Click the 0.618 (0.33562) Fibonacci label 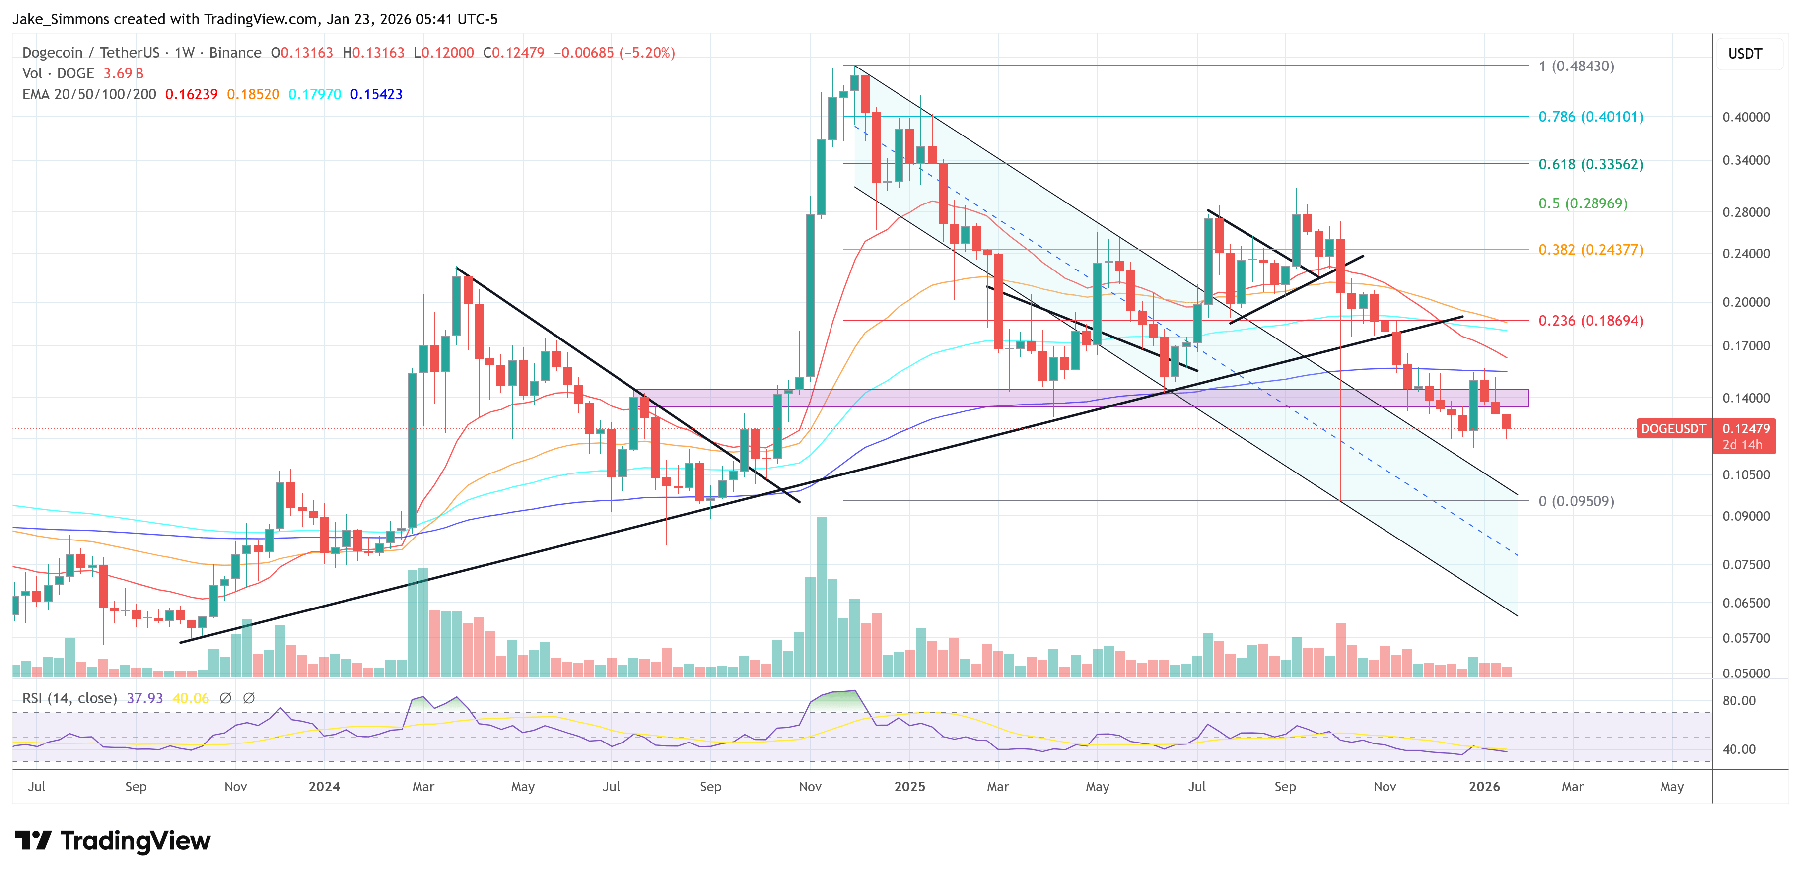[x=1591, y=164]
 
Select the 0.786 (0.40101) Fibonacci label [x=1591, y=117]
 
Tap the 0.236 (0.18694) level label [x=1591, y=321]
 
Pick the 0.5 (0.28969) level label [x=1583, y=203]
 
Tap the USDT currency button [x=1744, y=54]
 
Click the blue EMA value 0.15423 [x=376, y=94]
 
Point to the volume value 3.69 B [x=123, y=73]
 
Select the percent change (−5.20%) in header [x=647, y=53]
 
